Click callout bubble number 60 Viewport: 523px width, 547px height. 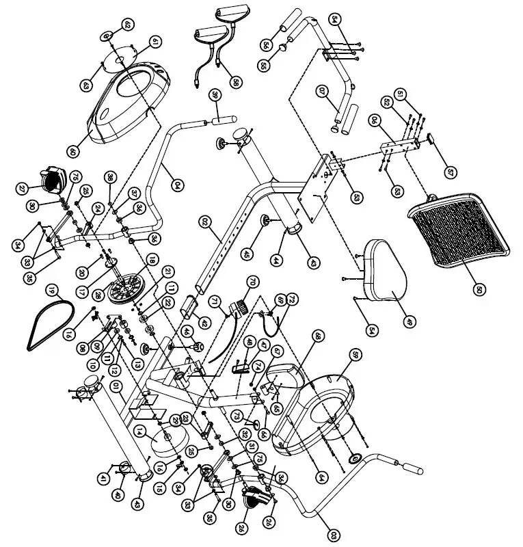pos(73,150)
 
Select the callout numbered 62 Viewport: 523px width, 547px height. pos(127,25)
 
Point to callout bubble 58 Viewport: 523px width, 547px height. pos(236,82)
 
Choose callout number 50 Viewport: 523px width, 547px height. pos(479,290)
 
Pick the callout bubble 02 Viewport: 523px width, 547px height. pos(204,222)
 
